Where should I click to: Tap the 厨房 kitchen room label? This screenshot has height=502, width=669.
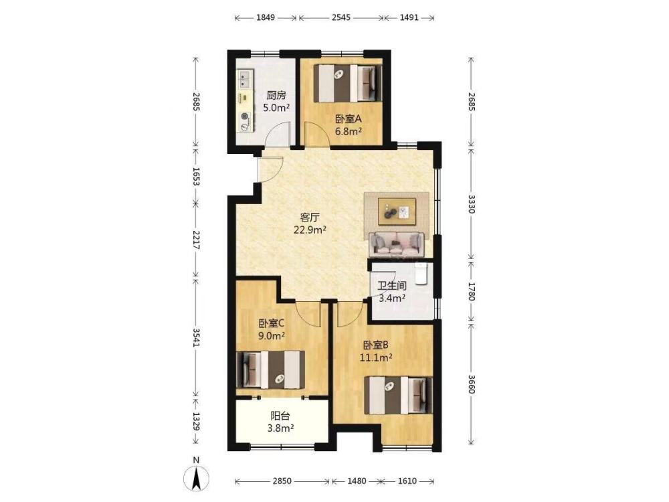click(276, 95)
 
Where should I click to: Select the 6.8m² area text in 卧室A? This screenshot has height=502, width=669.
click(348, 131)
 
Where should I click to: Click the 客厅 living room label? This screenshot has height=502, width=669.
click(310, 218)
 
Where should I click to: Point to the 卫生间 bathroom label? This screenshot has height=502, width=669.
click(391, 286)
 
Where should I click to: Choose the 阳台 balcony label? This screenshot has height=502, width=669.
click(280, 416)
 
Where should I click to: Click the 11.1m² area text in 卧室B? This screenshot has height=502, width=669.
click(376, 357)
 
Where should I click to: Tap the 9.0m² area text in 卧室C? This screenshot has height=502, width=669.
click(272, 335)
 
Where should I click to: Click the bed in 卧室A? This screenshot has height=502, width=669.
click(348, 83)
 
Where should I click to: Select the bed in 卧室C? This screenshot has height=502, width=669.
click(270, 369)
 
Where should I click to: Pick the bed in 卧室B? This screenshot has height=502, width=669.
click(398, 395)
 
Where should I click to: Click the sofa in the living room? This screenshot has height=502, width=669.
click(396, 244)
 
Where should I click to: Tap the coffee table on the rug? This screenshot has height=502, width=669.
click(397, 212)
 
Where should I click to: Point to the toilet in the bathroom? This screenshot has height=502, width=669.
click(421, 274)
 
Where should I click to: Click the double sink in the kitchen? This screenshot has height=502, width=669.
click(244, 80)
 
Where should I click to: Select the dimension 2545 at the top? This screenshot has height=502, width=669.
click(341, 17)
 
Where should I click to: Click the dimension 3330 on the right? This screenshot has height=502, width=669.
click(471, 204)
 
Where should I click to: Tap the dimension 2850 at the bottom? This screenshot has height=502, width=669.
click(282, 481)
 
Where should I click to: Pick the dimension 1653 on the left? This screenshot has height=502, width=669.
click(196, 176)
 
